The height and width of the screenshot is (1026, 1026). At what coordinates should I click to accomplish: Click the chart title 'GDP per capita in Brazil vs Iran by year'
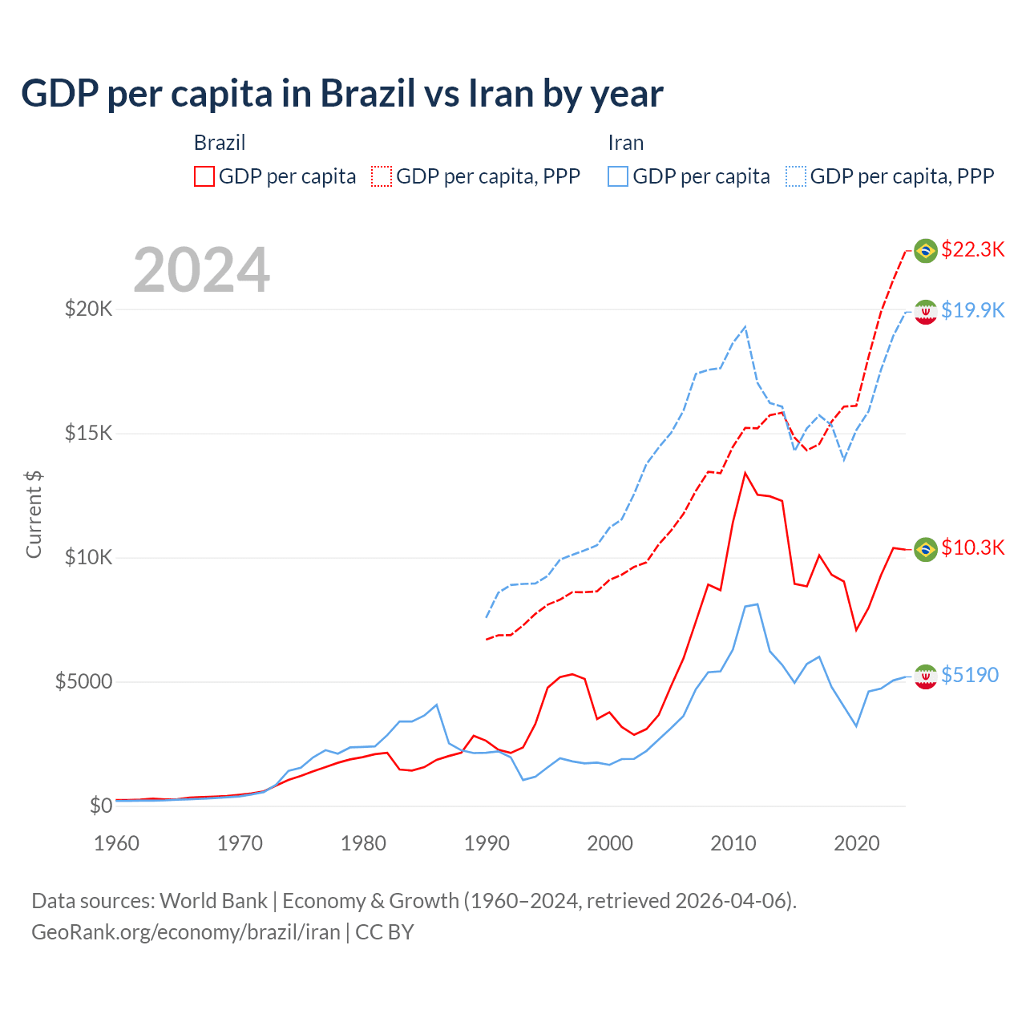[x=341, y=94]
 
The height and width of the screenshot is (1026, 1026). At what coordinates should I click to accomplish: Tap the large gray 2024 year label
[x=201, y=270]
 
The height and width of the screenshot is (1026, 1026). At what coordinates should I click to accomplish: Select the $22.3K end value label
[x=972, y=249]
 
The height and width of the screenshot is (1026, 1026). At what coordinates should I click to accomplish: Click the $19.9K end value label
[x=972, y=310]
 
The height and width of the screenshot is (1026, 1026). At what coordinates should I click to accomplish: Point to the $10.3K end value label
[x=972, y=547]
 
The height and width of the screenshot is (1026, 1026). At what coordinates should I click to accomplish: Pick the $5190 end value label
[x=969, y=675]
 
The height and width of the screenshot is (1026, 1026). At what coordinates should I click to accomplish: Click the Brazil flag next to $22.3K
[x=926, y=251]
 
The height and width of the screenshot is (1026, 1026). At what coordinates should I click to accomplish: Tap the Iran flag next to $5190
[x=926, y=677]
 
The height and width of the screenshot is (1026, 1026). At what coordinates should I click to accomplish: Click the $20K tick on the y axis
[x=88, y=309]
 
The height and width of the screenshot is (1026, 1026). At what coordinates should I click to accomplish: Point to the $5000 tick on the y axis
[x=83, y=681]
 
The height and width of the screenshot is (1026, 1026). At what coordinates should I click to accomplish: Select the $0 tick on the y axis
[x=100, y=806]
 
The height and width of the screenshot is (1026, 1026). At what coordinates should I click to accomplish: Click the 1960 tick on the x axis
[x=117, y=843]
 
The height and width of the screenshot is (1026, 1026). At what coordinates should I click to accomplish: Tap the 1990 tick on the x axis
[x=487, y=843]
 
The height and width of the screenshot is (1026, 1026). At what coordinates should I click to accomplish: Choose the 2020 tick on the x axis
[x=857, y=843]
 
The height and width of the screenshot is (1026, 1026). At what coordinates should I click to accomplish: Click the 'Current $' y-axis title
[x=34, y=514]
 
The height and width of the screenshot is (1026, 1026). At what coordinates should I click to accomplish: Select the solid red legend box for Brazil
[x=204, y=176]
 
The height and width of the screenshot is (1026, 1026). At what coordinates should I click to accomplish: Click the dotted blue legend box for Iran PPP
[x=796, y=176]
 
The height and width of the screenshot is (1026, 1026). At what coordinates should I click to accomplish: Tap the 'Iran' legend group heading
[x=625, y=143]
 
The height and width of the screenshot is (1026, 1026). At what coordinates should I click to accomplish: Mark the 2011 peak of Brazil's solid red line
[x=745, y=473]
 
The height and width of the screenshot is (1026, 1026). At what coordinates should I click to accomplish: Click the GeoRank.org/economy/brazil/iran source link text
[x=185, y=932]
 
